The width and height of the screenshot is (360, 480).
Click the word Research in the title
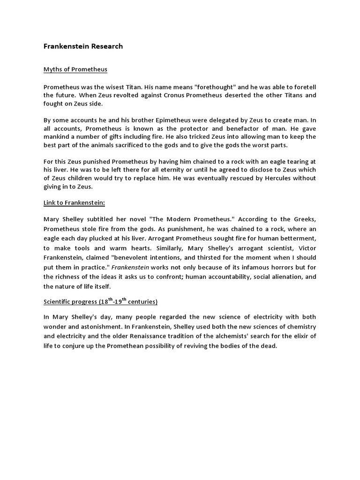106,46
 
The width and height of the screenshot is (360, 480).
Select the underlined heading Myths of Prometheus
75,69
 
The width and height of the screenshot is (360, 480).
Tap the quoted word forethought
212,87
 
